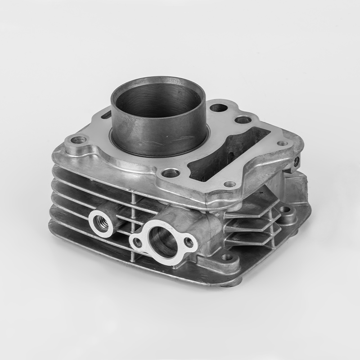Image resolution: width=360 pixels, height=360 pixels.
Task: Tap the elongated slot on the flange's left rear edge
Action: [x=107, y=116]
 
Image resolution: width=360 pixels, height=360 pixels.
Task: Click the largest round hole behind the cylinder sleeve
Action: [x=219, y=108]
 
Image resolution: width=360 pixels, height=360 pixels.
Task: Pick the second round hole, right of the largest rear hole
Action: [x=243, y=120]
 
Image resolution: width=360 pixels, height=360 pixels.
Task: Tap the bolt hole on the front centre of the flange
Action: [x=170, y=173]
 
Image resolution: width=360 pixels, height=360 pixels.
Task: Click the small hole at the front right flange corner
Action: [x=229, y=184]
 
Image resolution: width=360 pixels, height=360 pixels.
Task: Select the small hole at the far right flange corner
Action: [x=282, y=144]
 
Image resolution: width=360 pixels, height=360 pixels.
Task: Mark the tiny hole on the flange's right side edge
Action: [x=296, y=159]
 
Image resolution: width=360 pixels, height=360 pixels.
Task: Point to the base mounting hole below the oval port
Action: [x=228, y=257]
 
